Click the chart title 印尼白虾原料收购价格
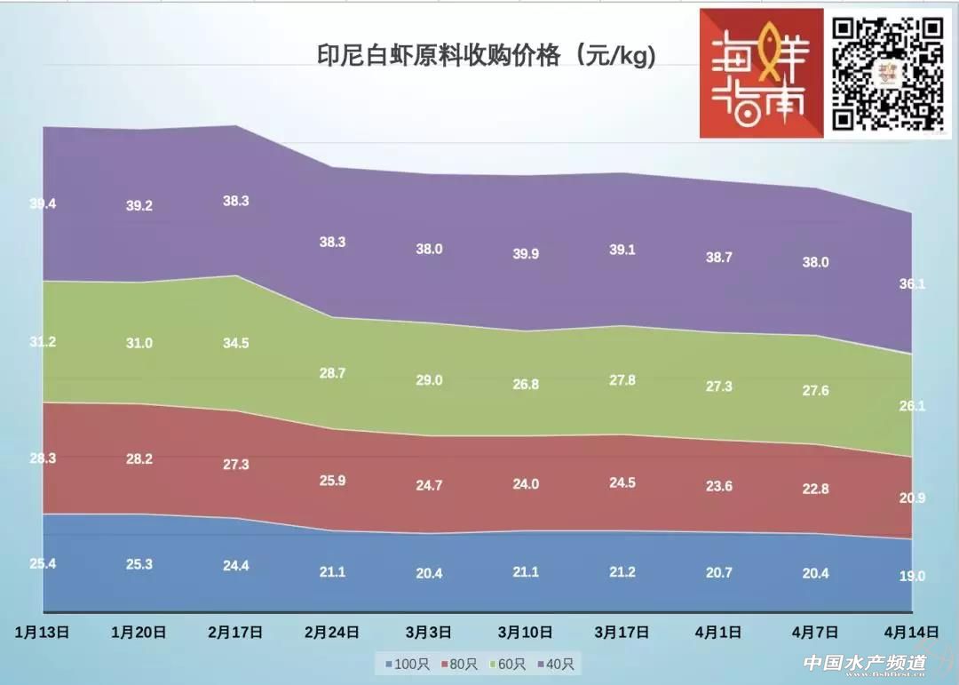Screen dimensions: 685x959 pos(487,56)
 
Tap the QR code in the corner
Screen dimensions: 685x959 pos(887,74)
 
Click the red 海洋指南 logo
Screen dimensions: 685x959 pos(762,74)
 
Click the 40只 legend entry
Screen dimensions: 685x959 pos(556,664)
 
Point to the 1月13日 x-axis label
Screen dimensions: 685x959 pos(43,633)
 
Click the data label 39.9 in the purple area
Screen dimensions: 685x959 pos(526,254)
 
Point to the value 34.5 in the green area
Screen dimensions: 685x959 pos(235,343)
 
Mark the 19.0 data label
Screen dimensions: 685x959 pos(912,576)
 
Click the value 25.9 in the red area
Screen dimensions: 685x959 pos(332,481)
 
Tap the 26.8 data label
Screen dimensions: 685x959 pos(526,385)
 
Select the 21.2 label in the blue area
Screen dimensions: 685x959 pos(622,571)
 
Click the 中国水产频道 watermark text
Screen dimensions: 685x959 pos(864,663)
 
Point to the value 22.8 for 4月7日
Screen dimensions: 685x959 pos(815,489)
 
